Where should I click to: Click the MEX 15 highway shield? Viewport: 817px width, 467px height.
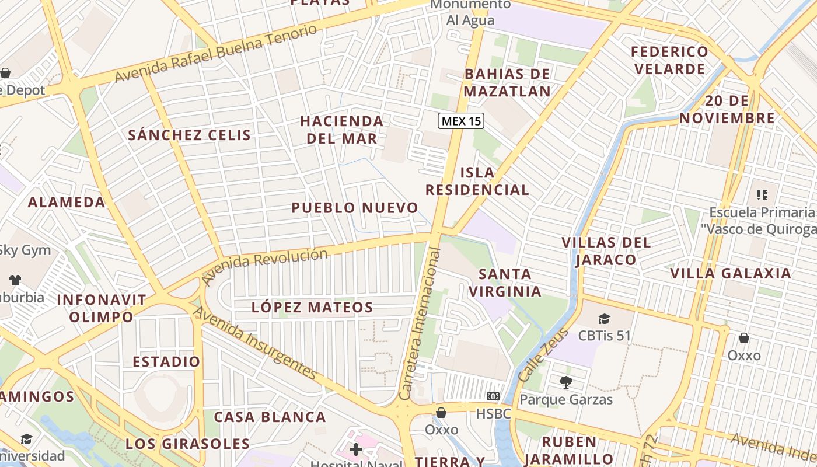(x=461, y=121)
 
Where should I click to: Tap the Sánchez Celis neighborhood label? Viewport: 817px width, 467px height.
(x=190, y=135)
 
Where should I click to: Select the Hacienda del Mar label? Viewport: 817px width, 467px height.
(x=341, y=130)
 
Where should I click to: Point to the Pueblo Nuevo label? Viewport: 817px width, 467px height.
(x=355, y=208)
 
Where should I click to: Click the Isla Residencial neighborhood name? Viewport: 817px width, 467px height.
(x=477, y=181)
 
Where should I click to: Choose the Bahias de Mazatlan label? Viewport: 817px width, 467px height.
(x=507, y=82)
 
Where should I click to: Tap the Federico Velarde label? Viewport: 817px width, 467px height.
(x=669, y=60)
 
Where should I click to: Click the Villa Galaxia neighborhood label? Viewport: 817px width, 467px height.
(x=730, y=273)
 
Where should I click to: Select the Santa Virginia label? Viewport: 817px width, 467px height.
(x=505, y=283)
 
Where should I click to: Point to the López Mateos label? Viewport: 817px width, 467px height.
(x=312, y=307)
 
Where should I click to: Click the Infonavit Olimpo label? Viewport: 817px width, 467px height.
(x=102, y=308)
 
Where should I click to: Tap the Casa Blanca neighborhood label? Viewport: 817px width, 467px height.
(x=270, y=417)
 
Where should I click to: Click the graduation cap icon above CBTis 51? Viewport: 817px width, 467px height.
(x=604, y=319)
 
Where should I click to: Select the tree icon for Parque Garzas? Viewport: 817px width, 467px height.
(x=565, y=382)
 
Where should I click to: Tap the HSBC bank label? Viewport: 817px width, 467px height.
(x=493, y=413)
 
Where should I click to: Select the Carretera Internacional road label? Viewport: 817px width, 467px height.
(x=420, y=324)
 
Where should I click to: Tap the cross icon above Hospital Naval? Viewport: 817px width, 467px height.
(x=356, y=449)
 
